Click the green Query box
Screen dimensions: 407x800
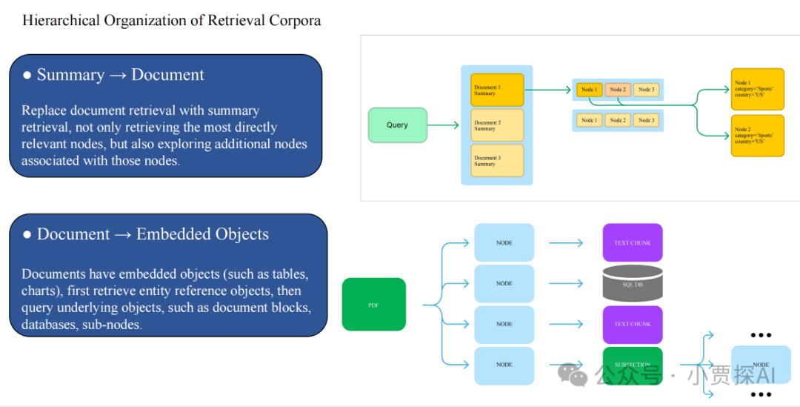tap(398, 125)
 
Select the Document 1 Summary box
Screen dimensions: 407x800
tap(497, 90)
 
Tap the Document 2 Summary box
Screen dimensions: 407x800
tap(497, 125)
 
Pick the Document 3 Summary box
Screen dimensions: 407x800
tap(497, 161)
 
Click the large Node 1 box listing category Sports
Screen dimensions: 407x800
tap(757, 89)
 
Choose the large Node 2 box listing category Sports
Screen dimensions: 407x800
tap(757, 135)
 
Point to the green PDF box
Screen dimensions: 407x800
tap(373, 304)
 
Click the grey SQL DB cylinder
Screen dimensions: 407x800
tap(632, 283)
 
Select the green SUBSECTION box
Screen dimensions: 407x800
tap(632, 364)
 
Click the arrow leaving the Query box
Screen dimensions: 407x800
tap(444, 125)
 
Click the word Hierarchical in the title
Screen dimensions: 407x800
tap(59, 21)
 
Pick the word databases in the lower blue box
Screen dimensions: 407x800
tap(49, 324)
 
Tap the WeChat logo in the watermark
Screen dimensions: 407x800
tap(573, 374)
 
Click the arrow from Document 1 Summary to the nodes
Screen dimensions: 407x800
tap(548, 90)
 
